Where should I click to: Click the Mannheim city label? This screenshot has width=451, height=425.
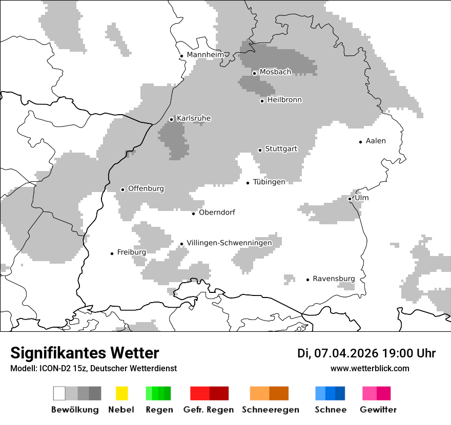tap(206, 55)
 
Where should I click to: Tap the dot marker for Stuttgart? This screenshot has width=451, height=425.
tap(260, 150)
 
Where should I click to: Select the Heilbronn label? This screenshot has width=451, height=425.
tap(284, 100)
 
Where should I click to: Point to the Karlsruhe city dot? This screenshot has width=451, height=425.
tap(172, 119)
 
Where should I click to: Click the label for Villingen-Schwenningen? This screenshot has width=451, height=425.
tap(229, 243)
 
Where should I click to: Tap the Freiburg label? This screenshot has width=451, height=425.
tap(131, 252)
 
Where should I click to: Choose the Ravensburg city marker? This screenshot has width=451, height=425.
tap(308, 280)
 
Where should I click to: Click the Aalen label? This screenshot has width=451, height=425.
tap(376, 141)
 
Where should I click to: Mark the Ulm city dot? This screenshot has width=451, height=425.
tap(350, 199)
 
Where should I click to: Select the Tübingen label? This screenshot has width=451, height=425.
tap(269, 182)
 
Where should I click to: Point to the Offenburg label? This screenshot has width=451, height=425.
tap(146, 188)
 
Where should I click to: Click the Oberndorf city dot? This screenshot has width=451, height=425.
tap(194, 214)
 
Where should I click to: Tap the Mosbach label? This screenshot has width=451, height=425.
tap(275, 72)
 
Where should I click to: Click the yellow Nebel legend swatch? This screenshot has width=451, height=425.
tap(121, 393)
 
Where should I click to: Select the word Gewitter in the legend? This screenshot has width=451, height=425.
tap(378, 410)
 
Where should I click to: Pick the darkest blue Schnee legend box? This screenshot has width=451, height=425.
tap(340, 393)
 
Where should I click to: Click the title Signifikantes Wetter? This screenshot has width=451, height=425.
tap(85, 353)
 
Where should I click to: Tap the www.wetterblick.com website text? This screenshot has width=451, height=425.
tap(370, 368)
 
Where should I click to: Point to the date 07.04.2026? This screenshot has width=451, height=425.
tap(346, 353)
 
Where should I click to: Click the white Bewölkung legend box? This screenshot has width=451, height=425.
tap(59, 393)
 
